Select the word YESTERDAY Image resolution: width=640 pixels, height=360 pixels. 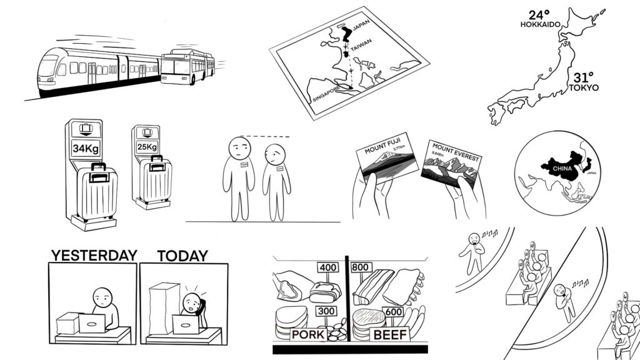click(x=94, y=256)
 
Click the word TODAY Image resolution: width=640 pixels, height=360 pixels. click(x=182, y=256)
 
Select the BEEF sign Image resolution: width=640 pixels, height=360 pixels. click(x=391, y=335)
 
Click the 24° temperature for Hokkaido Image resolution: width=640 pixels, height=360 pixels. click(x=539, y=14)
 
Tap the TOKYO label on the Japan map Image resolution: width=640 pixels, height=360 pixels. click(x=583, y=88)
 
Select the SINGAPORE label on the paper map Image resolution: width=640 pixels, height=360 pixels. click(x=325, y=94)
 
